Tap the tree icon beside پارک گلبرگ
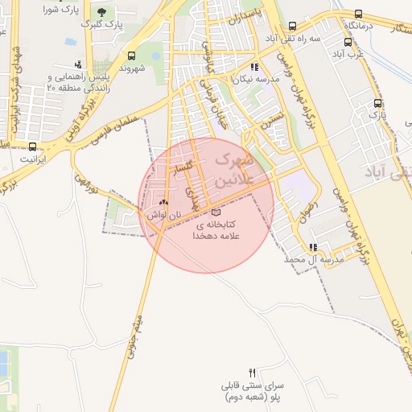point(101,13)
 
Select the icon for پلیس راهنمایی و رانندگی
point(78,64)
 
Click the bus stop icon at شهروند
point(130,56)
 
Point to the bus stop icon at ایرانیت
point(32,146)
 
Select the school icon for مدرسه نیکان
point(254,68)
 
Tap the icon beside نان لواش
point(164,203)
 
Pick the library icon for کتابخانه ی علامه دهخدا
point(215,213)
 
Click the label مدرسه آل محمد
point(314,260)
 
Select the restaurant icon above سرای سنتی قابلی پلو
point(253,373)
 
